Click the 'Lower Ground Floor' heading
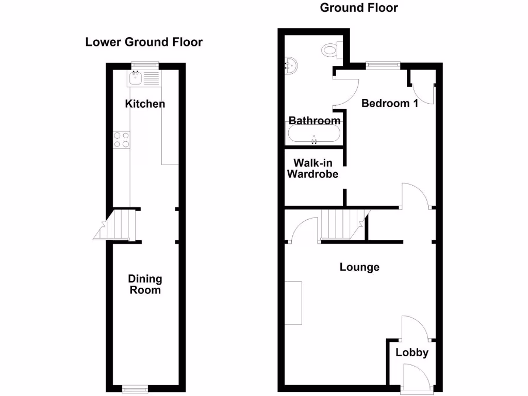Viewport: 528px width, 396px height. click(x=144, y=42)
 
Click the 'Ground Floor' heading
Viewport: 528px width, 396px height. click(x=359, y=8)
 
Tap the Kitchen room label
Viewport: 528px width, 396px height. click(x=145, y=104)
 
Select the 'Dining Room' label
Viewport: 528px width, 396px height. click(x=145, y=284)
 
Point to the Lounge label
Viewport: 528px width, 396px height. click(x=359, y=267)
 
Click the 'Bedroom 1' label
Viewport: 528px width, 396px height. click(x=389, y=103)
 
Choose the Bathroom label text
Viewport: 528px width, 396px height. click(x=314, y=121)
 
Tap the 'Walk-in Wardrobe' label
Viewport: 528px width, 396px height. click(x=312, y=169)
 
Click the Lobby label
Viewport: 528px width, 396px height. click(x=412, y=353)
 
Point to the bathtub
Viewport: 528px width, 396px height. click(x=313, y=135)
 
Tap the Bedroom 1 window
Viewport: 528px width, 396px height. click(x=383, y=65)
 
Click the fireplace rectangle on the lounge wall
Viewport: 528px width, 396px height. click(x=293, y=303)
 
